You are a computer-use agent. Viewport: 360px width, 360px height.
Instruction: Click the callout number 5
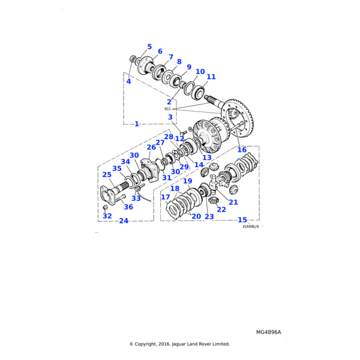(x=149, y=47)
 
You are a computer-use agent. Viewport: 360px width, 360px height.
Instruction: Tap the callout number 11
(x=211, y=77)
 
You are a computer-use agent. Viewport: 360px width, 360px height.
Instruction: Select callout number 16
(x=242, y=150)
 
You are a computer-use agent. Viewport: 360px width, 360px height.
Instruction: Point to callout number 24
(x=124, y=221)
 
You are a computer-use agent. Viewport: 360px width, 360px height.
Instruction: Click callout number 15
(x=242, y=220)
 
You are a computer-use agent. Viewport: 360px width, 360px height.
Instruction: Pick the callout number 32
(x=107, y=216)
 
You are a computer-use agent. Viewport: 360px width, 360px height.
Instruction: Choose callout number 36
(x=128, y=207)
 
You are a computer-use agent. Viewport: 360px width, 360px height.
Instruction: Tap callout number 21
(x=233, y=202)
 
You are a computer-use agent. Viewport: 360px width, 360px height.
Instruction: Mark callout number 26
(x=151, y=148)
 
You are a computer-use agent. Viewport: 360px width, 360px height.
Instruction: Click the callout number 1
(x=136, y=124)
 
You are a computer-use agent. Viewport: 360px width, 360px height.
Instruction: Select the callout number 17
(x=165, y=197)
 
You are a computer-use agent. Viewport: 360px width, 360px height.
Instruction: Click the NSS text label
(x=167, y=109)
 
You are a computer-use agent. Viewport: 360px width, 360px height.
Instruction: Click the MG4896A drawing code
(x=268, y=332)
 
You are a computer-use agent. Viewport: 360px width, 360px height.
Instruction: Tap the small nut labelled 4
(x=133, y=58)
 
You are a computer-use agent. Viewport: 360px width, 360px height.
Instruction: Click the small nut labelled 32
(x=105, y=208)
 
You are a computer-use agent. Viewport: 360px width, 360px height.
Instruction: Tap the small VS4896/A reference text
(x=251, y=227)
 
